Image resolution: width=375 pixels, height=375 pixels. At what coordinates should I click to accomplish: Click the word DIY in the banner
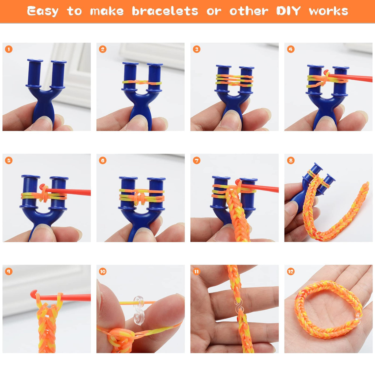(288, 11)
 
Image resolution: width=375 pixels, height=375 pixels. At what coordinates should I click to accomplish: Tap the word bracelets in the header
(165, 11)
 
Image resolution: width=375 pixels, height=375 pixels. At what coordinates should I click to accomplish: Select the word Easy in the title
(43, 11)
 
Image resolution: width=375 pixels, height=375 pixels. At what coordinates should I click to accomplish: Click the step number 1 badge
(9, 49)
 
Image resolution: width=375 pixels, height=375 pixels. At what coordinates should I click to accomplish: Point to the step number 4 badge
(291, 49)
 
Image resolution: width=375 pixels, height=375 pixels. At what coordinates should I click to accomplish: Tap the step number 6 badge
(103, 160)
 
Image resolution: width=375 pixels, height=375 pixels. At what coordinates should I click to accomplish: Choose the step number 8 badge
(291, 160)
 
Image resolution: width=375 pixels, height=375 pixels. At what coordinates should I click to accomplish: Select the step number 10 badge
(103, 272)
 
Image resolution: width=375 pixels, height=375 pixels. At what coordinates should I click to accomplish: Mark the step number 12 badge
(291, 272)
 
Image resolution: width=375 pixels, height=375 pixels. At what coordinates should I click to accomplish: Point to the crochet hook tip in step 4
(326, 72)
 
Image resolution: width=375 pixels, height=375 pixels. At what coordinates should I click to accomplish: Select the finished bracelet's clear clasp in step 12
(358, 316)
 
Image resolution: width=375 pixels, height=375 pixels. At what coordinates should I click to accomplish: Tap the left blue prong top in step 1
(35, 61)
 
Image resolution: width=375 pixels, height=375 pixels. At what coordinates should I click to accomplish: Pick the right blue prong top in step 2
(155, 65)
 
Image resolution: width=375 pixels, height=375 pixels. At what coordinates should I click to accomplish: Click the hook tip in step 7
(238, 182)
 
